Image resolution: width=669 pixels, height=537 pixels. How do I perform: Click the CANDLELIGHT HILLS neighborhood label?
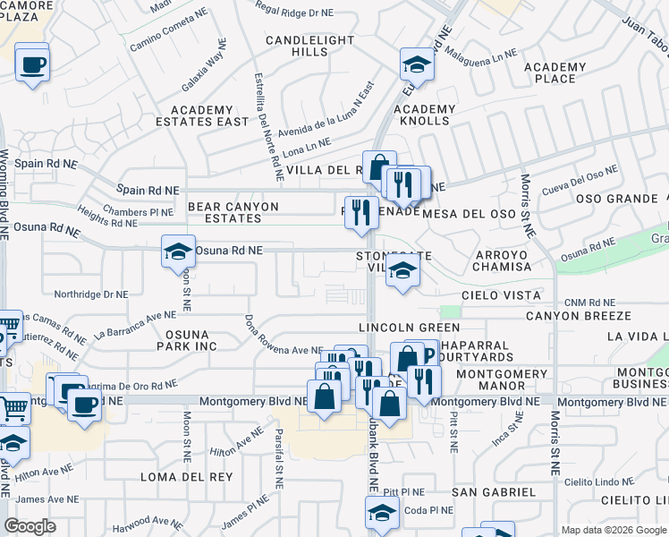click(x=297, y=46)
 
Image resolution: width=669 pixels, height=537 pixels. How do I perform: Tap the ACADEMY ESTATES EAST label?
click(x=202, y=115)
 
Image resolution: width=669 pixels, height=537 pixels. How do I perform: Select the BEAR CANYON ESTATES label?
click(x=233, y=212)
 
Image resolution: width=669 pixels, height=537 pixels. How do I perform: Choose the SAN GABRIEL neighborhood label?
click(x=494, y=492)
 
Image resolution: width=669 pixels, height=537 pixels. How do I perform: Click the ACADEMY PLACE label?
click(x=555, y=72)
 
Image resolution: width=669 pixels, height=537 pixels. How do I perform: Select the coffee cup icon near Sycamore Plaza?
click(x=32, y=64)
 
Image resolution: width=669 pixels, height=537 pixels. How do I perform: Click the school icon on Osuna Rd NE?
click(x=179, y=251)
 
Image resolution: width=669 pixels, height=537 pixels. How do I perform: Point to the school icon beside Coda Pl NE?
click(x=382, y=513)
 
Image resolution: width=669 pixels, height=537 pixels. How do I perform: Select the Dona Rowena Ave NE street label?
click(x=284, y=350)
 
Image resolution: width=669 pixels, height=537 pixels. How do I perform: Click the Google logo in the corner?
click(x=30, y=526)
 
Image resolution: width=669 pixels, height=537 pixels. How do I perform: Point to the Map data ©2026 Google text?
click(x=613, y=530)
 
